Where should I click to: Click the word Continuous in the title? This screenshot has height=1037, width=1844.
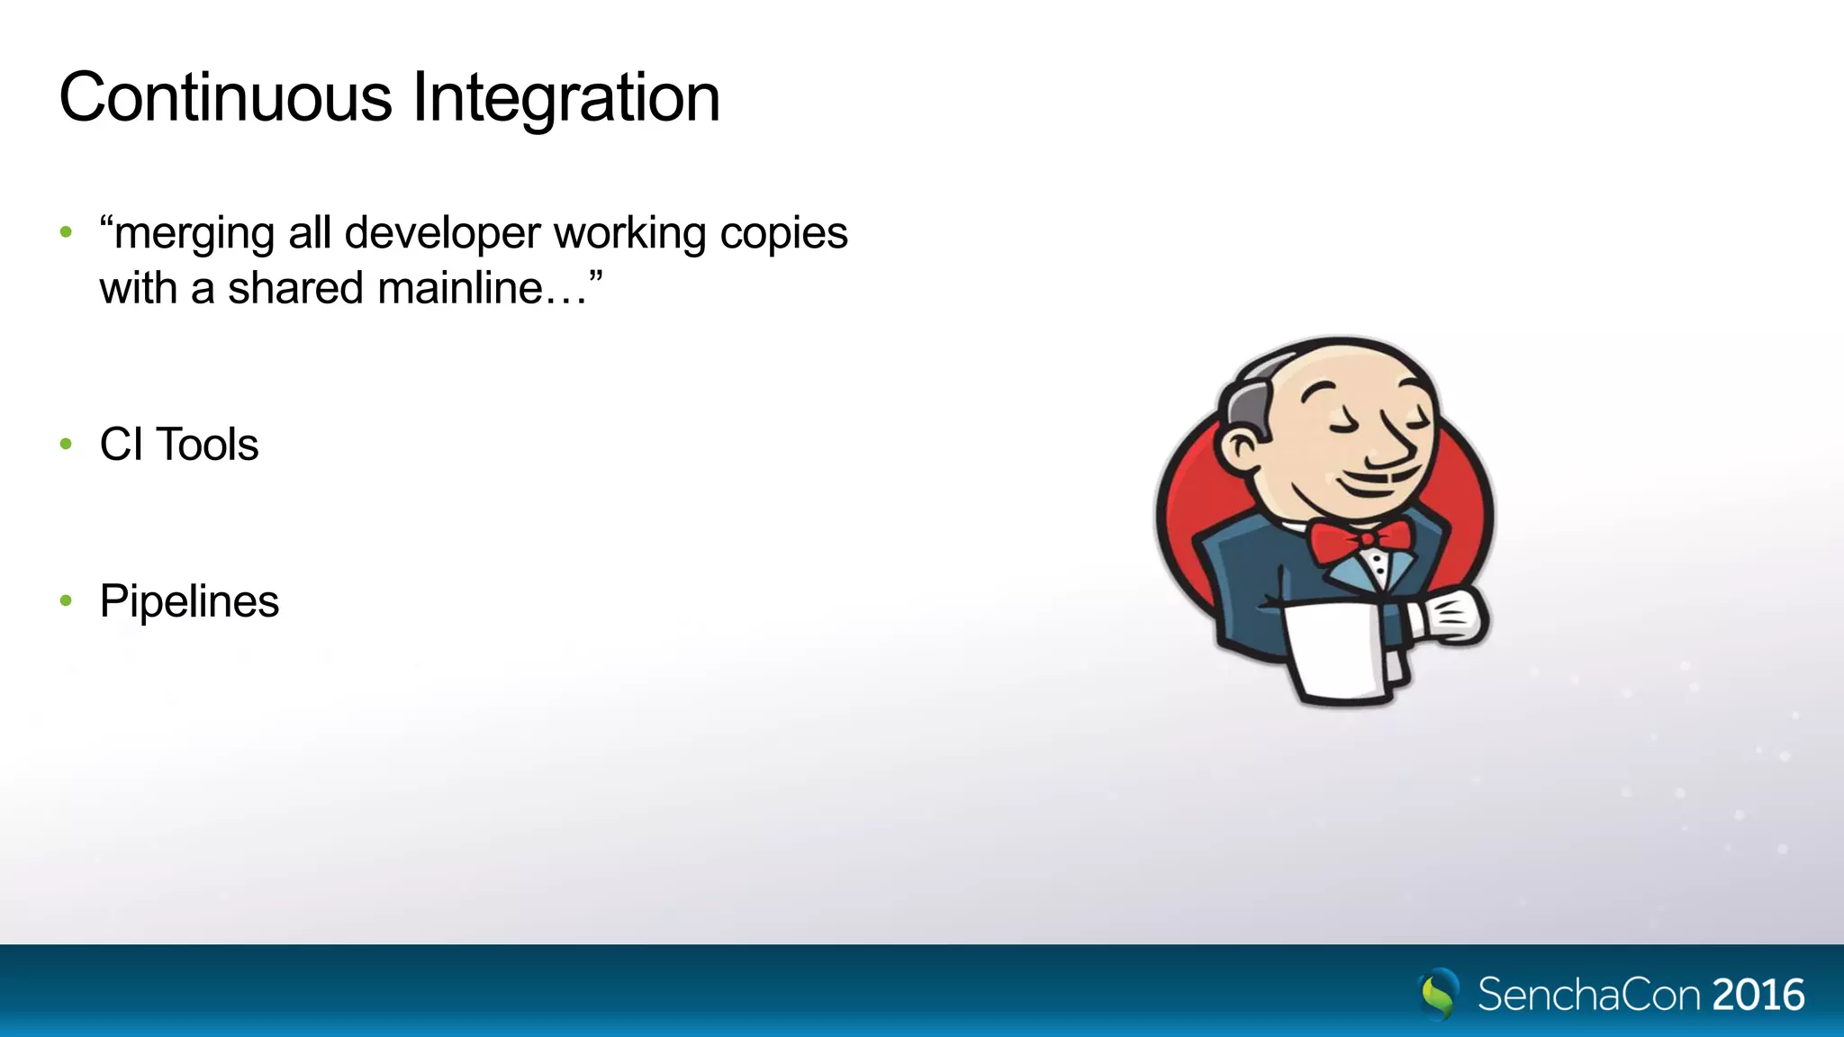[x=225, y=97]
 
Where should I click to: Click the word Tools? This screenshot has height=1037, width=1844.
[x=207, y=445]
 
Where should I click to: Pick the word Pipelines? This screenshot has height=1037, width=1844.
[x=189, y=601]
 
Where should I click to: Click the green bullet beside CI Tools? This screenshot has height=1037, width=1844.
[x=66, y=444]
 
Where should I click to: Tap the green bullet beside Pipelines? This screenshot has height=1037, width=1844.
[x=66, y=600]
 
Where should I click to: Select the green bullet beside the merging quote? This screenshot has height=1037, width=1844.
[x=66, y=232]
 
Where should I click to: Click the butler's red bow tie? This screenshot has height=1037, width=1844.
[x=1360, y=539]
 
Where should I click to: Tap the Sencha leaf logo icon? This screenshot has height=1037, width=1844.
[x=1438, y=994]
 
